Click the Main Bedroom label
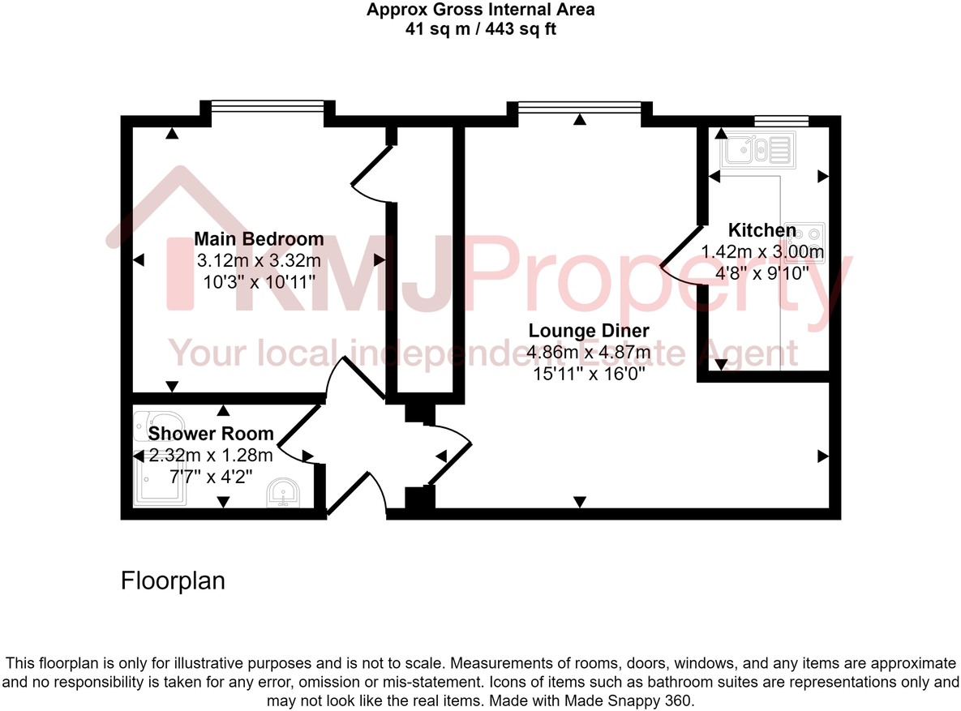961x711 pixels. (x=259, y=239)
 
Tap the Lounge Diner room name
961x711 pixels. (x=588, y=331)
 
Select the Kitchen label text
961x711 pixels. (x=762, y=230)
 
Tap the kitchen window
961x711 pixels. (x=781, y=121)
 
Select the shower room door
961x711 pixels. (x=297, y=432)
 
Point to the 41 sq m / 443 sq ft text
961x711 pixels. (x=480, y=29)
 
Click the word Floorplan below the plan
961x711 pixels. (x=173, y=580)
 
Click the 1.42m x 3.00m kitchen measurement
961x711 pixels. (x=762, y=252)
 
